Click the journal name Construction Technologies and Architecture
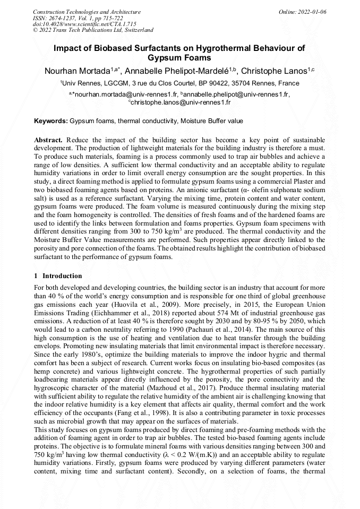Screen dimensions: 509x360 pos(87,12)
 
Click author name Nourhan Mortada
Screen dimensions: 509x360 pos(83,71)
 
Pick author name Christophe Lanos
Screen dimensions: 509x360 pos(276,71)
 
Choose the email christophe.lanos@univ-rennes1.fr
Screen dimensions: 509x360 pos(181,102)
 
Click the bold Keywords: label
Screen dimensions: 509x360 pos(51,121)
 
